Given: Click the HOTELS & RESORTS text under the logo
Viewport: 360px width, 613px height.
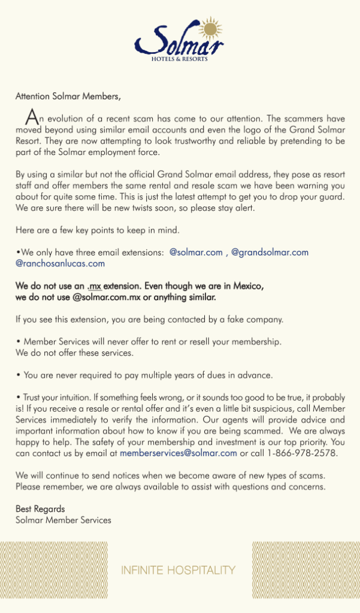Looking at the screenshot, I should pyautogui.click(x=179, y=59).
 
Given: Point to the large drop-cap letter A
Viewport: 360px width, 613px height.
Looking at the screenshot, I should pyautogui.click(x=31, y=116).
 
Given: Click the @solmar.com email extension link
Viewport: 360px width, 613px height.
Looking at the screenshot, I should pyautogui.click(x=196, y=253).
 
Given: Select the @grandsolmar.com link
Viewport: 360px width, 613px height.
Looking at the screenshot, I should pyautogui.click(x=270, y=253).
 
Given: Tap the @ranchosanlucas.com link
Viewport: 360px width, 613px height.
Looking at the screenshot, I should pyautogui.click(x=60, y=263).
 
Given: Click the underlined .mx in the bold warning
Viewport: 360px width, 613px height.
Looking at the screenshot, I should pyautogui.click(x=94, y=286).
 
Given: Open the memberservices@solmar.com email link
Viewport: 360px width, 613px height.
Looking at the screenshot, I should pyautogui.click(x=179, y=453).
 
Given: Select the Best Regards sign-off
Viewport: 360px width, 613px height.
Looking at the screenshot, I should pyautogui.click(x=40, y=509).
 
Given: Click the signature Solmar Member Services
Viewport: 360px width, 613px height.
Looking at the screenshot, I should pyautogui.click(x=63, y=520).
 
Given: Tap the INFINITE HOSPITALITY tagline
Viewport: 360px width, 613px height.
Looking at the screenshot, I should pyautogui.click(x=179, y=570).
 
